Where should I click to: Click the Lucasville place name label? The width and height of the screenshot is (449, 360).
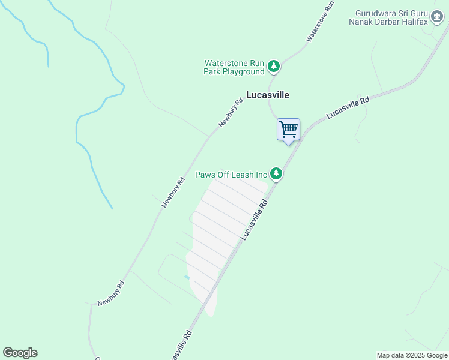[268, 95]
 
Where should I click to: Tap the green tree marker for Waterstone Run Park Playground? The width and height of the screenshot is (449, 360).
[274, 66]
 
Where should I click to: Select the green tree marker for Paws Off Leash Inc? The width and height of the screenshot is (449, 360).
[276, 174]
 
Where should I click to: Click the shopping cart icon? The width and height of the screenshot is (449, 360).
[288, 129]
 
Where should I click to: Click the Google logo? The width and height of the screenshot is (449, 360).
[20, 353]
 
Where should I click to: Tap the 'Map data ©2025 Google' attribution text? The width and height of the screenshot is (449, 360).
[412, 355]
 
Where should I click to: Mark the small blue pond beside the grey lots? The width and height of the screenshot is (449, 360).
[187, 277]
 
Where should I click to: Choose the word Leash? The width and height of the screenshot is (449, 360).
[242, 175]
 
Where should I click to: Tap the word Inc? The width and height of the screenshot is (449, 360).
[261, 175]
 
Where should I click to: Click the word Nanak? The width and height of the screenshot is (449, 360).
[362, 22]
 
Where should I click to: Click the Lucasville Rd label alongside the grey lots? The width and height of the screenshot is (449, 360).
[253, 220]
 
